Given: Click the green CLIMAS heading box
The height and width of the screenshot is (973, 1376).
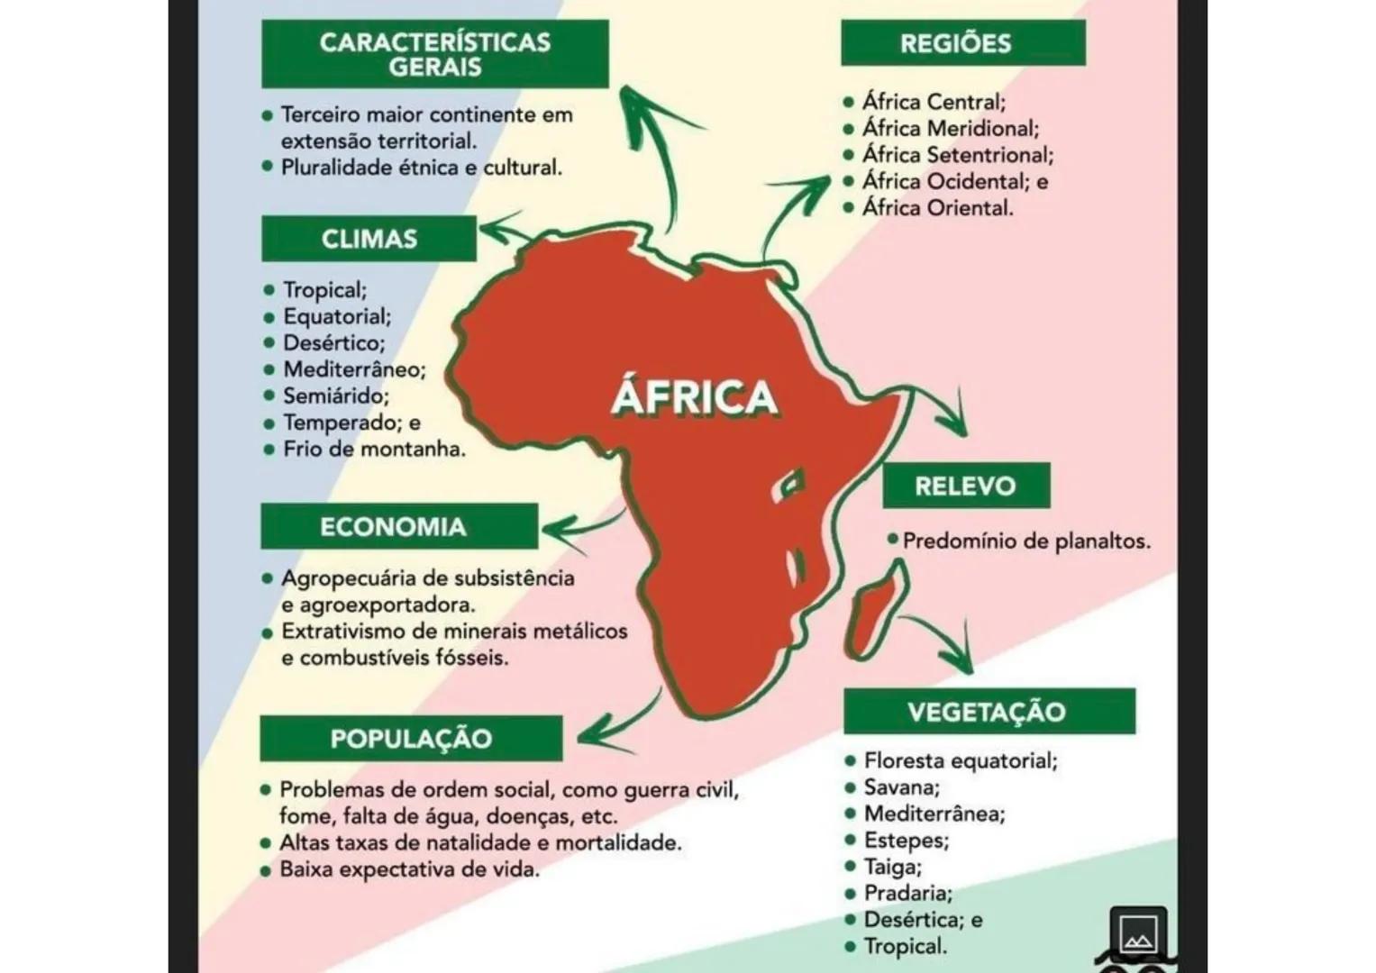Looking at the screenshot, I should click(369, 239).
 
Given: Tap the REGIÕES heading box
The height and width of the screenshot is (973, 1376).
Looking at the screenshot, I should click(962, 43).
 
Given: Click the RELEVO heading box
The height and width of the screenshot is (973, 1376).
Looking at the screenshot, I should click(966, 486).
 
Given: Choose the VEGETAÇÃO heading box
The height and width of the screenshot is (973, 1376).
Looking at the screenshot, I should click(989, 712).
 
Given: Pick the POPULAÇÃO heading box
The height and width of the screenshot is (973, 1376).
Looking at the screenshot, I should click(411, 739).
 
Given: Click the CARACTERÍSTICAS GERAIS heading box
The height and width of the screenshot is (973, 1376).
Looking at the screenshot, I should click(434, 54).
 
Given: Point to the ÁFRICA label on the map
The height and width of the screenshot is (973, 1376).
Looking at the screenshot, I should click(694, 397).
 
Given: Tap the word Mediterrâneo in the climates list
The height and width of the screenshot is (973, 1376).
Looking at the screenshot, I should click(354, 369).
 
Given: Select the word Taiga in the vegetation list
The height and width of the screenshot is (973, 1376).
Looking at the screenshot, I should click(892, 867).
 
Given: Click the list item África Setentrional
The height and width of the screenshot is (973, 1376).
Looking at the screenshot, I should click(957, 155).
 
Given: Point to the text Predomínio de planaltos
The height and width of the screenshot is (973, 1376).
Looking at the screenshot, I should click(1025, 541).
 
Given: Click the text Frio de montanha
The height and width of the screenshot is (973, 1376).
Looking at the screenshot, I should click(374, 449).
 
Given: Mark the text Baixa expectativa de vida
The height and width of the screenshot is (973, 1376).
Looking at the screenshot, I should click(409, 870).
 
